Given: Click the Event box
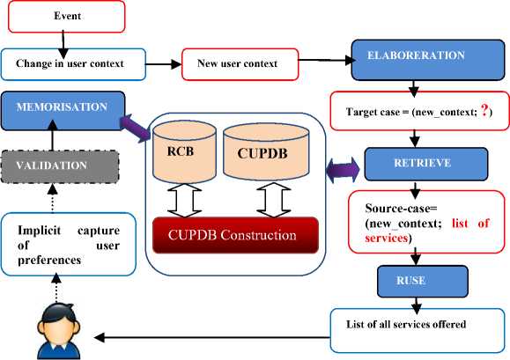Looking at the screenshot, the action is pos(66,17).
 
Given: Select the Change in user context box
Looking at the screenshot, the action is pos(73,64).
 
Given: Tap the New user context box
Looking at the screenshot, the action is pos(240,64).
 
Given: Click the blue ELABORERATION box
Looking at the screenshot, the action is pos(428,60).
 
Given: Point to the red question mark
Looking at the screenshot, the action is pos(484,111).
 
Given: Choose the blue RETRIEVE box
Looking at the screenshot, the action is pos(426,164).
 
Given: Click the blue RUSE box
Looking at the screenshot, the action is pos(423,282).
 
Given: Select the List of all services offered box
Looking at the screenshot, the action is pos(418,330).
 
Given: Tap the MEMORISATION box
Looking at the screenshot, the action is pos(63,111).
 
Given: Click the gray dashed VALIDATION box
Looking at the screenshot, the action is pos(60,166).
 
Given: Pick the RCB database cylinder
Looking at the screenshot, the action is pos(184,151).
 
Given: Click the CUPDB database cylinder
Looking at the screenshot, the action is pos(266,152).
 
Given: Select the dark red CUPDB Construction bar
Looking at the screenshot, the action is pos(235,235).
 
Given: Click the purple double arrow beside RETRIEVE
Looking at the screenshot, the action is pos(343,170).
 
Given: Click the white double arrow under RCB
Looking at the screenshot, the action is pos(184,201).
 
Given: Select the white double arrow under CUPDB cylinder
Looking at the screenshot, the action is pos(274,200).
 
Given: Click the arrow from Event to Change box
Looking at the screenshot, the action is pos(63,45).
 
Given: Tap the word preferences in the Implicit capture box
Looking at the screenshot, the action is pos(49,261).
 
